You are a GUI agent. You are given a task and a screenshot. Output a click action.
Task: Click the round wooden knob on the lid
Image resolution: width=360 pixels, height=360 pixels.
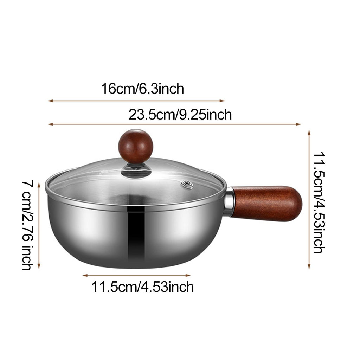click(135, 146)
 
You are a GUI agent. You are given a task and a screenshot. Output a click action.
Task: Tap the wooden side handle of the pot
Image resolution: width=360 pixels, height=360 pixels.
click(268, 204)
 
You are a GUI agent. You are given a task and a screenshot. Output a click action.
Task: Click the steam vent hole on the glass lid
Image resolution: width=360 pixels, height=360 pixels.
click(187, 184)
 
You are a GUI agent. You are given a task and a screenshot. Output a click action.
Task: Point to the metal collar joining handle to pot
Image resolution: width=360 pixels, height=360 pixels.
click(230, 201)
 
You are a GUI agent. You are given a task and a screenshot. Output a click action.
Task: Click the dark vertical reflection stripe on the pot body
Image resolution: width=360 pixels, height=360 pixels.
click(136, 234)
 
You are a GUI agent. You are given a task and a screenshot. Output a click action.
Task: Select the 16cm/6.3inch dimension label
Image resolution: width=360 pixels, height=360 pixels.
click(143, 89)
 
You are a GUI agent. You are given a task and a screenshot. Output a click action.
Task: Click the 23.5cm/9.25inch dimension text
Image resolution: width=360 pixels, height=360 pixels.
click(180, 115)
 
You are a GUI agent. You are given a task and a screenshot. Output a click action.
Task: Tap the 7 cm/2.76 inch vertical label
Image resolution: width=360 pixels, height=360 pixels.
click(28, 225)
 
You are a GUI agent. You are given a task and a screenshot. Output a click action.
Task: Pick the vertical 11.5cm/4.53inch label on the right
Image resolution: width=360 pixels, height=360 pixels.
click(319, 202)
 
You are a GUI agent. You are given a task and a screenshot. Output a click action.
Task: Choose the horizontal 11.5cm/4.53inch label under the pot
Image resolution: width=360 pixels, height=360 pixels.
click(143, 287)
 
